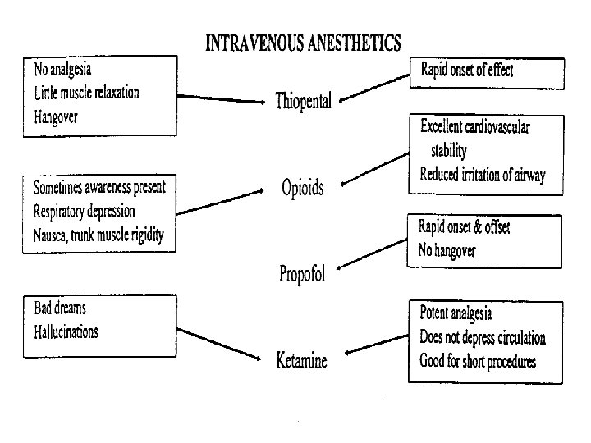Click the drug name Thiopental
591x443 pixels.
(304, 102)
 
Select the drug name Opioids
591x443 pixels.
(303, 189)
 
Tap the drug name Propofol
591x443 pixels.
(302, 274)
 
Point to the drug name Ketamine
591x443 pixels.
(301, 360)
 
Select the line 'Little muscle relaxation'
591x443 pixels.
(86, 91)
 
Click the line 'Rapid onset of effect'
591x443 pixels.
(466, 70)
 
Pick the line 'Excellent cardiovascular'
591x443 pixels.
(474, 127)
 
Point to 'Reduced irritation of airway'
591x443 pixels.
(482, 175)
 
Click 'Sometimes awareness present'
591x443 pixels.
(98, 187)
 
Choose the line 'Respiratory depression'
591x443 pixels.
(84, 211)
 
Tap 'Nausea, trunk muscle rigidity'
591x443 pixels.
(98, 235)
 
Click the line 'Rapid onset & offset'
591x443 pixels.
(464, 227)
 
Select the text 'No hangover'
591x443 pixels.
(448, 251)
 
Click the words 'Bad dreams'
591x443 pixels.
(60, 308)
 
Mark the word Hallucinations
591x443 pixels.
(66, 332)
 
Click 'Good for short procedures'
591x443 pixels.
(479, 360)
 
